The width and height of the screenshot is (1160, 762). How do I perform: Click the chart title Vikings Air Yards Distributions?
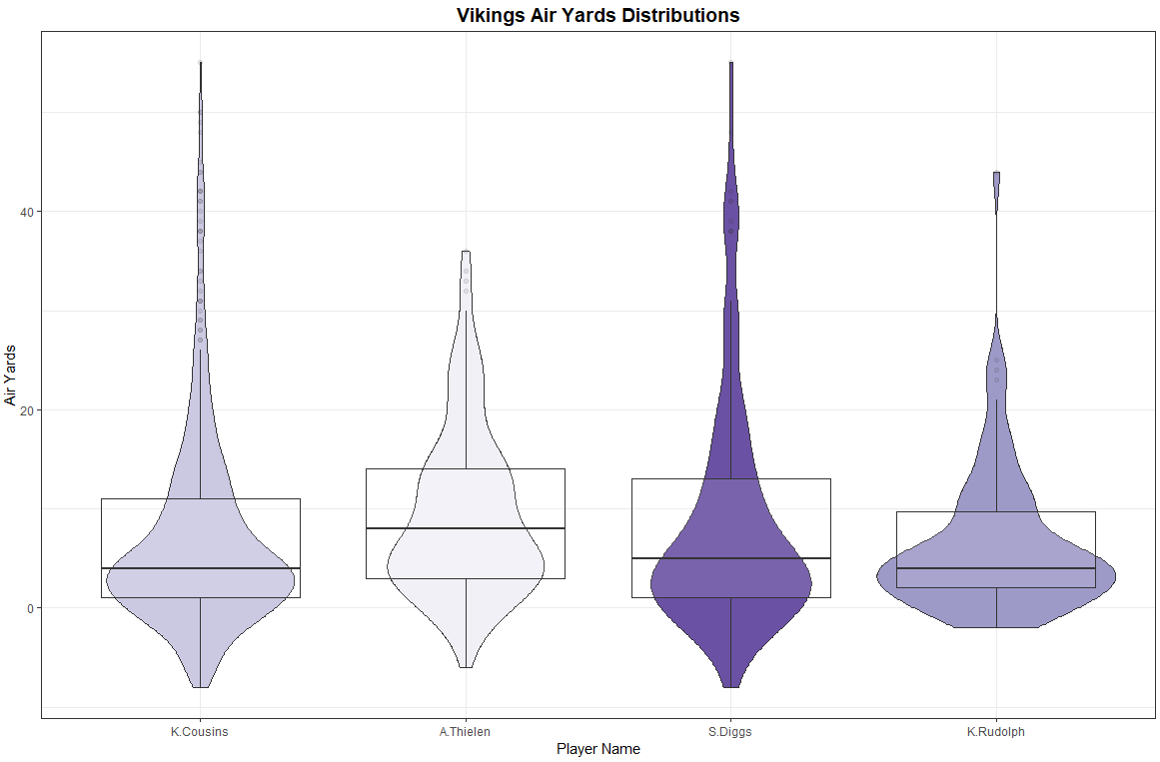[597, 15]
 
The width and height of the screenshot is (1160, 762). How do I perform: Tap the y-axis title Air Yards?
[11, 375]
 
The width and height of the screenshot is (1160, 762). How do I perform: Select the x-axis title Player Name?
[598, 749]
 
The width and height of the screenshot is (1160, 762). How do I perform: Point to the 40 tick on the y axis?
[27, 212]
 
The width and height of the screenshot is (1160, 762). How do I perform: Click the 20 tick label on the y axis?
[27, 410]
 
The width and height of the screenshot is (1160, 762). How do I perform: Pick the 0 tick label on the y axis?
[30, 608]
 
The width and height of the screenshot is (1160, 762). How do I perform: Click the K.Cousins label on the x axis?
[200, 732]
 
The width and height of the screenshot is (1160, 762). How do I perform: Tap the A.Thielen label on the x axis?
[466, 732]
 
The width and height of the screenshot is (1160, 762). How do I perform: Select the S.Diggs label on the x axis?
[730, 732]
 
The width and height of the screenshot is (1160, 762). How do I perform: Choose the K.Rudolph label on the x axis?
[995, 732]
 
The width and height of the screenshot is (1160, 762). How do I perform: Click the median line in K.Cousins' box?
[200, 568]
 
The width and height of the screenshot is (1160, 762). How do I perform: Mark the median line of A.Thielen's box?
[466, 528]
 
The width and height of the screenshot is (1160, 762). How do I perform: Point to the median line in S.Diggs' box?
[730, 558]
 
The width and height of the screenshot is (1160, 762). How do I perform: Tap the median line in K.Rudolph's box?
[995, 568]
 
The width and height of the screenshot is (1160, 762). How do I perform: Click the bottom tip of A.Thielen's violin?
[466, 667]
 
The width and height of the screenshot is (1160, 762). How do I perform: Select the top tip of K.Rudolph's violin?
[996, 173]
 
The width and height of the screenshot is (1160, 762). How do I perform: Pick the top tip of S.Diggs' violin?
[730, 63]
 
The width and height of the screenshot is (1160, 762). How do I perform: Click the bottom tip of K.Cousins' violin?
[200, 687]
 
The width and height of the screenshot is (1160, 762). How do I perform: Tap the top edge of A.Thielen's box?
[466, 469]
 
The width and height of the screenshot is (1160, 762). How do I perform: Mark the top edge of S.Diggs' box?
[730, 479]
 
